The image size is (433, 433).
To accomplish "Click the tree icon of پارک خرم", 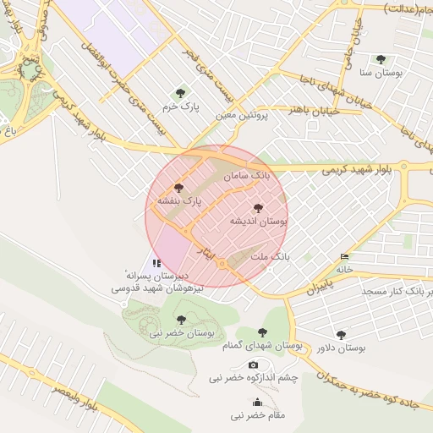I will [179, 93].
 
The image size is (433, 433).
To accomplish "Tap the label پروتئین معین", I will [244, 114].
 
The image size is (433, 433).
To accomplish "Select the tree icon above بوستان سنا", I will [381, 60].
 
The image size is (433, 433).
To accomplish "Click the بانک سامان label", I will [246, 176].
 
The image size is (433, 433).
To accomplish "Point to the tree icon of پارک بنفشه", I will [178, 188].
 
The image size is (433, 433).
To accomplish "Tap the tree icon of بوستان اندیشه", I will [258, 207].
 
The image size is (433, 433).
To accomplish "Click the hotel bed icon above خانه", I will [343, 256].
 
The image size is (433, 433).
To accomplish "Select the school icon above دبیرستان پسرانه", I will [156, 263].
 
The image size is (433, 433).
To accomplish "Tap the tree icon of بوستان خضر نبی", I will [181, 320].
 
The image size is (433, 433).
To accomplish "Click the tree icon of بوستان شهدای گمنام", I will [261, 333].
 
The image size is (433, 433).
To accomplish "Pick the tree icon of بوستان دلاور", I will [341, 335].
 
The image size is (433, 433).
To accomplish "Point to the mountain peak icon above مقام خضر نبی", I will [233, 402].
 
